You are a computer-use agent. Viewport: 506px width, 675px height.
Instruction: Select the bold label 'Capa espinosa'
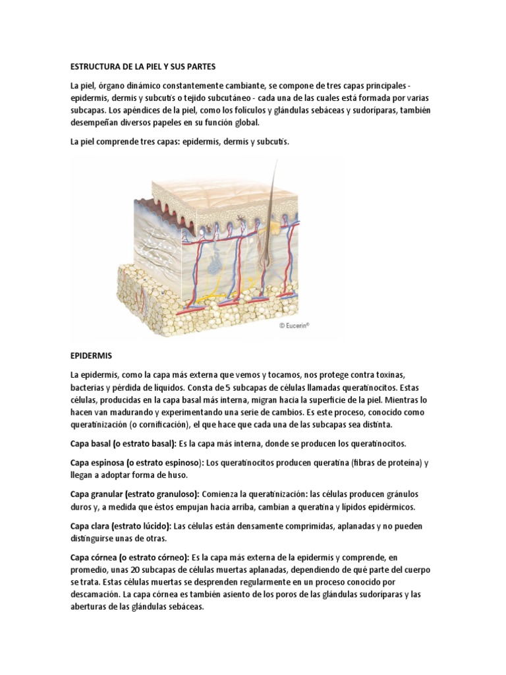point(98,462)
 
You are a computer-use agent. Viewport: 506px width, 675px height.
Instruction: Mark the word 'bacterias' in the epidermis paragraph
point(88,386)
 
